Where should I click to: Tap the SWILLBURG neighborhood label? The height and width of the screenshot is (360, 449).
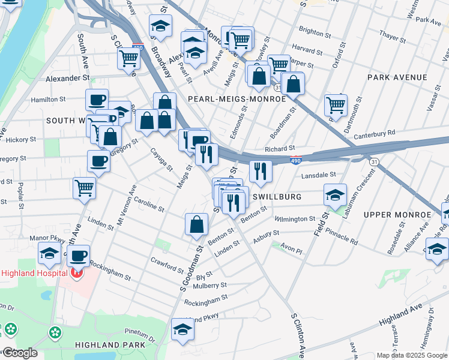click(276, 197)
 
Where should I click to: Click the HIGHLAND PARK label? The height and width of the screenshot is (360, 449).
click(110, 345)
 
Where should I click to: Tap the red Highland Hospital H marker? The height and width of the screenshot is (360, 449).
click(76, 274)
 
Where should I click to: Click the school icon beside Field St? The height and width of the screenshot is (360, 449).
click(335, 194)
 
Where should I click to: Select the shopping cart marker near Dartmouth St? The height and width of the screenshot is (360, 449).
click(336, 104)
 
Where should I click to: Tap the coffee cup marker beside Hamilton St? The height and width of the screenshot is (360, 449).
click(96, 99)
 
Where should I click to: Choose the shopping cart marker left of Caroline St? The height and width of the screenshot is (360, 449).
click(84, 187)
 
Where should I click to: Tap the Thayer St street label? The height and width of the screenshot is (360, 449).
click(393, 37)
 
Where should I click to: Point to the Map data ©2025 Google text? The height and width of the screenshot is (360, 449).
click(411, 355)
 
